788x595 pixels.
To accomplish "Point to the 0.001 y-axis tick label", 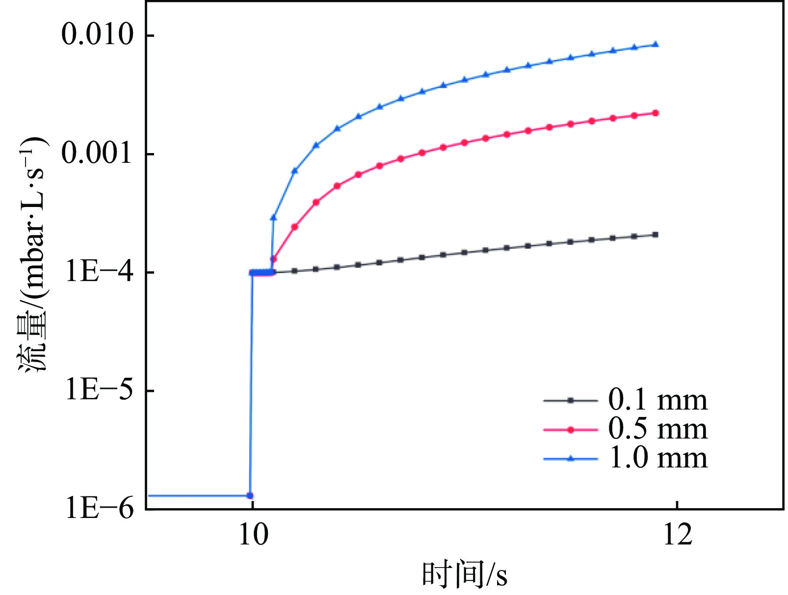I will tap(97, 153).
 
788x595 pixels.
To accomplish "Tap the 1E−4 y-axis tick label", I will tap(100, 272).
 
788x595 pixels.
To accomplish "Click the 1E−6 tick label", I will tap(100, 508).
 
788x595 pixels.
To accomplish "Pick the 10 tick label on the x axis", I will tap(253, 535).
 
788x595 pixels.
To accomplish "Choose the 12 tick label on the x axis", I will tap(678, 535).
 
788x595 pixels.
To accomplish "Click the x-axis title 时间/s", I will tap(464, 574).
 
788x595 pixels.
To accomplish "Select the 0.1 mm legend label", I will tap(658, 400).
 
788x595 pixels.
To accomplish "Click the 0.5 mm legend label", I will tap(658, 429).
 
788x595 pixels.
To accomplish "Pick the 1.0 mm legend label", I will tap(658, 458).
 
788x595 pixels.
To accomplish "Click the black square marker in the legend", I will tap(570, 401).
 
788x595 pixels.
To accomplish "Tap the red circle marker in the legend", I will tap(570, 430).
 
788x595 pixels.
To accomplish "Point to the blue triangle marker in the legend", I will tap(570, 459).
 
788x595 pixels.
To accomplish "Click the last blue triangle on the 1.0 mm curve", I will tap(656, 45).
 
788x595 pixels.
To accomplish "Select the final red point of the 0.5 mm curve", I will tap(656, 113).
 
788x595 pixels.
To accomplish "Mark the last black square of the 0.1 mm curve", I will tap(656, 235).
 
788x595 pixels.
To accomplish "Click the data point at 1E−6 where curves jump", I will tap(250, 495).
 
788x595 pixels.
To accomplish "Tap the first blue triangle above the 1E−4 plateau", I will tap(273, 217).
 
